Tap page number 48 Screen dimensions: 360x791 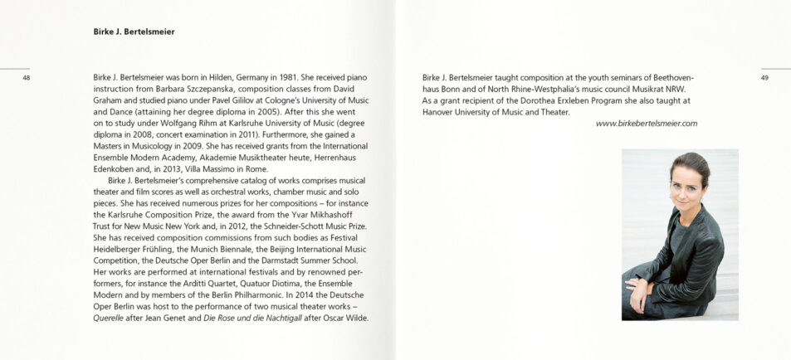[x=27, y=78]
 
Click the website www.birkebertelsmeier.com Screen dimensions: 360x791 [x=647, y=124]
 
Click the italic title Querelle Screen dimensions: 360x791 [x=112, y=318]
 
